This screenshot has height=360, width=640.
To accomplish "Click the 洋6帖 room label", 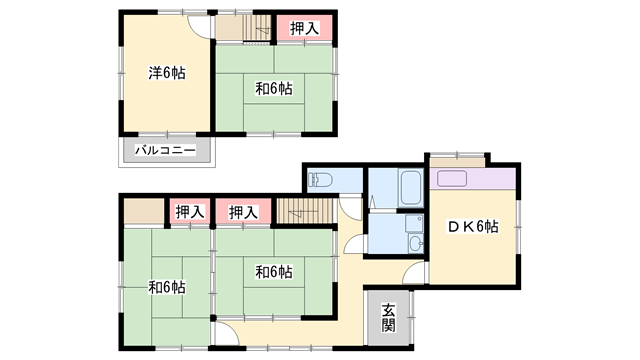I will point(167,73).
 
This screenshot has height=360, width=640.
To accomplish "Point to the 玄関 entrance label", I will point(387,317).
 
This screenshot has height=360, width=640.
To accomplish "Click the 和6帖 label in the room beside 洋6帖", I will point(273,89).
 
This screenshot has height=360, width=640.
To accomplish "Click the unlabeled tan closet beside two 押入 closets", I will point(142,211).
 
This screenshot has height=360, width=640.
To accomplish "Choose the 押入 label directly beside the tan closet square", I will point(189,211).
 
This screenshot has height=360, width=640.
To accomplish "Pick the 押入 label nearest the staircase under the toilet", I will point(243,211).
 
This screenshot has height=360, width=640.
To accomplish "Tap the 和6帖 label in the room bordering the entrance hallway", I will point(273,271).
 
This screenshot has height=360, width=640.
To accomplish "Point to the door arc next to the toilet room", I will point(352,205).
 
